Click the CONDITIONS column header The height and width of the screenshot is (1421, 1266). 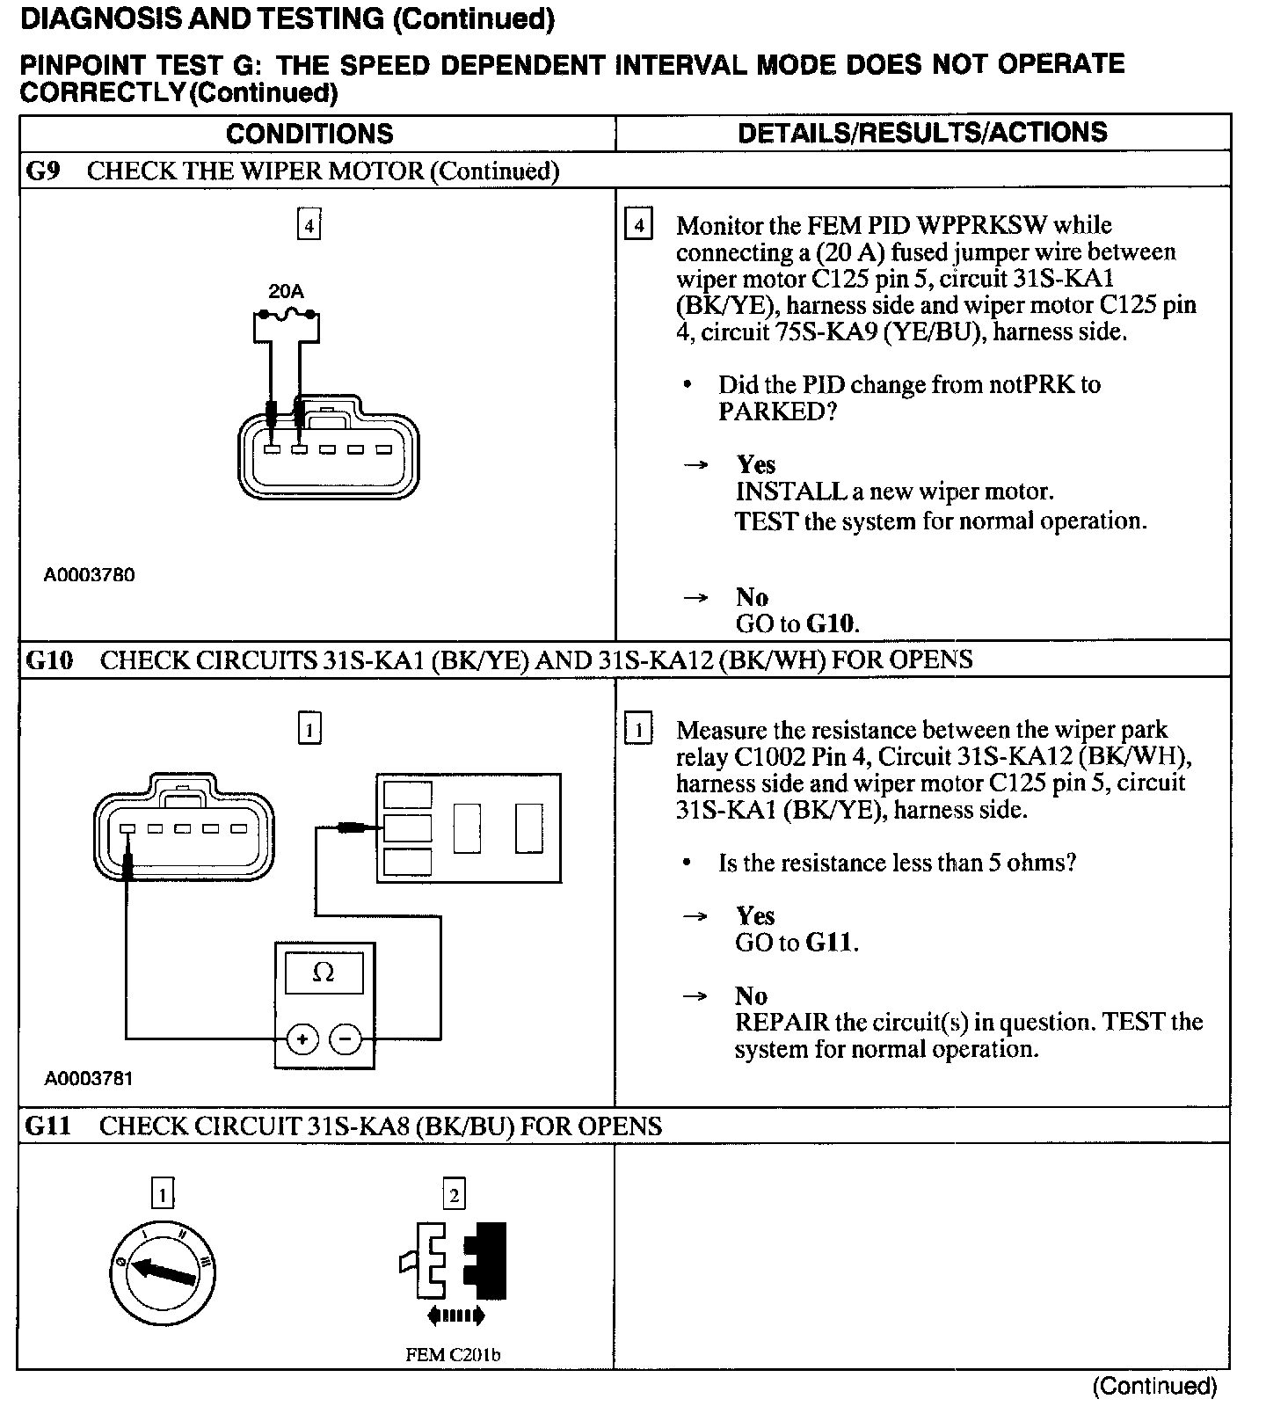click(x=309, y=134)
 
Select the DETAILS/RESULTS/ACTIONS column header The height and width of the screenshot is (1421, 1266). click(x=922, y=133)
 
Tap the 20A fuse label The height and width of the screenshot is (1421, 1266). click(x=286, y=291)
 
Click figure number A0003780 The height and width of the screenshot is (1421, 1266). click(x=90, y=575)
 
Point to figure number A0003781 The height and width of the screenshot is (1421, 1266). click(x=89, y=1078)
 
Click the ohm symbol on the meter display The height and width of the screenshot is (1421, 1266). click(x=324, y=973)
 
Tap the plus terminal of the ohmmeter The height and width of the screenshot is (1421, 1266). click(x=302, y=1040)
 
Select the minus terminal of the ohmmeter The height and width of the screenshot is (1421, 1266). click(x=346, y=1040)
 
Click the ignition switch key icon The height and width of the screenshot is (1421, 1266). click(x=163, y=1272)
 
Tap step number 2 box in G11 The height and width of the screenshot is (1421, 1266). click(x=454, y=1194)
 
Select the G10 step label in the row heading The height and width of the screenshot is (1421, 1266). click(x=50, y=659)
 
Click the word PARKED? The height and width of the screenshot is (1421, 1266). click(x=777, y=412)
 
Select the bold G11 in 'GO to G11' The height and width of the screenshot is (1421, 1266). click(x=829, y=944)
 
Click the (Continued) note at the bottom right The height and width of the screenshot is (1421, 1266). click(x=1154, y=1387)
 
